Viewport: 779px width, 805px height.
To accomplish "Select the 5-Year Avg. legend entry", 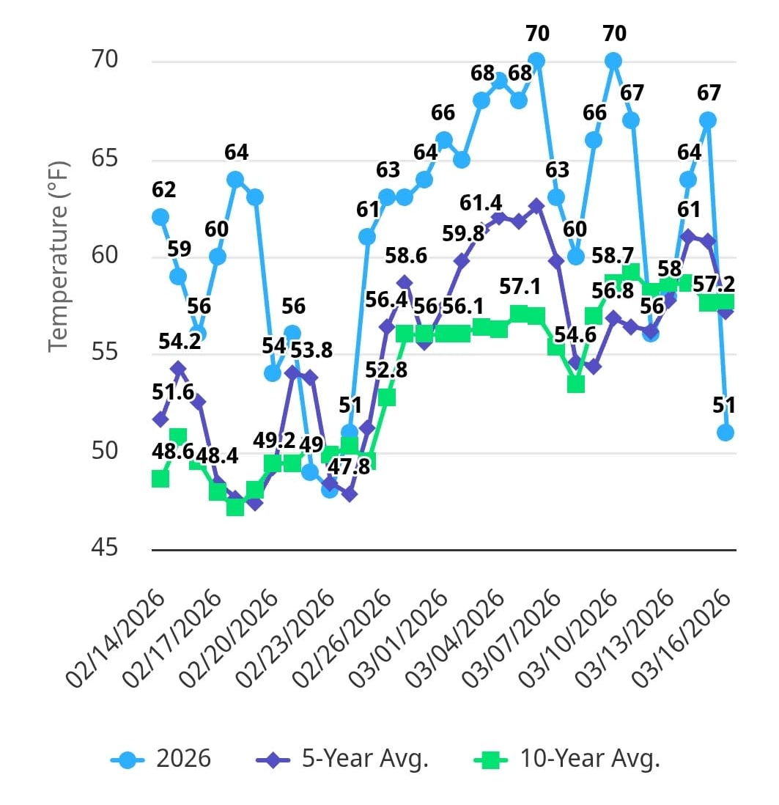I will tap(342, 759).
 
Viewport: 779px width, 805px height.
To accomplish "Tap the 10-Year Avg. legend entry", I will tap(566, 759).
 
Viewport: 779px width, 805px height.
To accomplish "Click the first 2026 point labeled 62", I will tap(160, 217).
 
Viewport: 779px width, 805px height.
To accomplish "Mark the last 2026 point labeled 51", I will tap(726, 433).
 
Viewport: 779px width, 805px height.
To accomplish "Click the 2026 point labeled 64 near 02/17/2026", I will tap(235, 179).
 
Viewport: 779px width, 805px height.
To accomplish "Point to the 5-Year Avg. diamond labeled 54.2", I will tap(178, 368).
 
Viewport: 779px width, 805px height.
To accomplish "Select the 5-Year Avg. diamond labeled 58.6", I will tap(405, 282).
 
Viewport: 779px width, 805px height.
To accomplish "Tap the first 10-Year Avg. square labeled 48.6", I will tap(160, 479).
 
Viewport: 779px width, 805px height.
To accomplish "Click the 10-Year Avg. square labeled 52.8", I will tap(387, 397).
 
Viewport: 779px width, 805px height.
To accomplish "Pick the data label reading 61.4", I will tap(480, 201).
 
